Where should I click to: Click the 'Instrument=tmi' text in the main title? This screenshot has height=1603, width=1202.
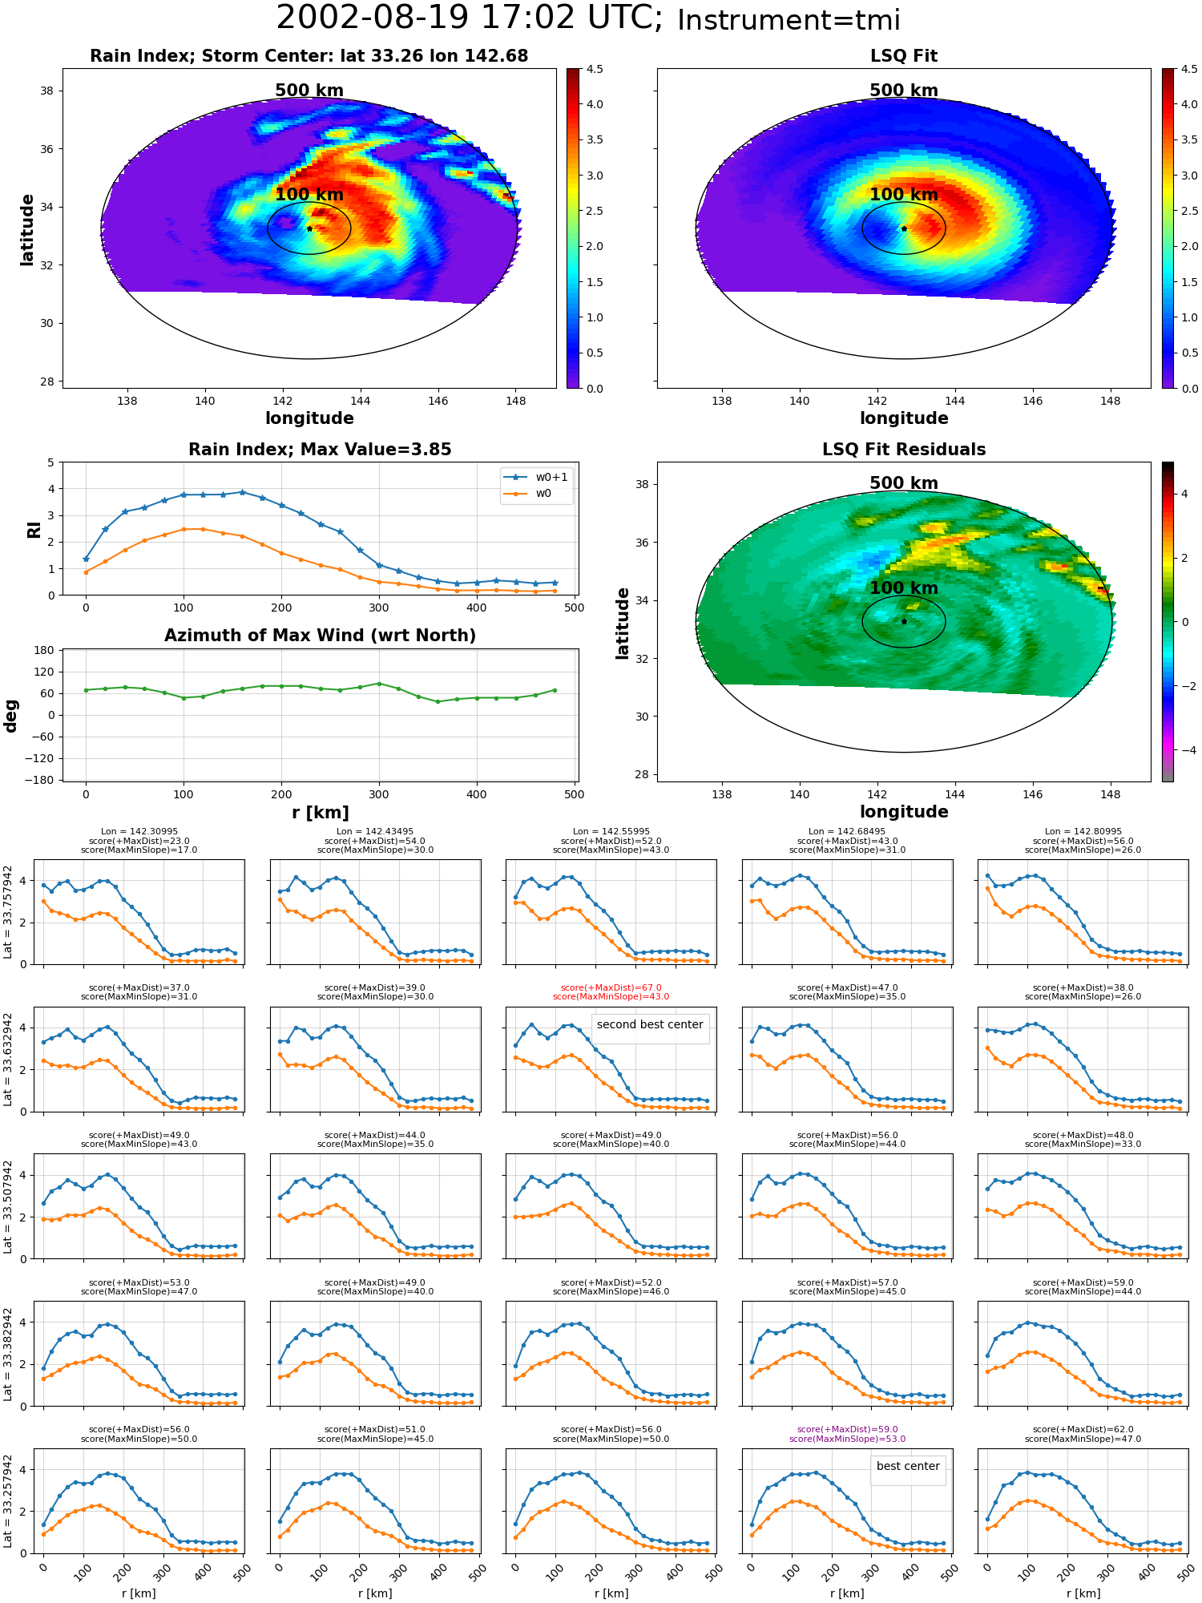coord(789,20)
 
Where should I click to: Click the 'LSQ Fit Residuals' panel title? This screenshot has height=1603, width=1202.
coord(904,450)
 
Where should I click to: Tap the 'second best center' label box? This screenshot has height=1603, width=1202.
coord(650,1025)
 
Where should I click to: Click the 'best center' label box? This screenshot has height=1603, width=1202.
coord(908,1466)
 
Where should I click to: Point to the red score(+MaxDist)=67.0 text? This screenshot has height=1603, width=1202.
coord(611,988)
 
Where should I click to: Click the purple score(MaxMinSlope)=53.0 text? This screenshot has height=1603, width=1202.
coord(847,1439)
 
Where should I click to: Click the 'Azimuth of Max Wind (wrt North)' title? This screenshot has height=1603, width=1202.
coord(320,636)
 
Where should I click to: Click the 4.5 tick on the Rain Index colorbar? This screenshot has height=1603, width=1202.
coord(595,69)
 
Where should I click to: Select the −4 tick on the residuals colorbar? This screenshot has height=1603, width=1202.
coord(1184,750)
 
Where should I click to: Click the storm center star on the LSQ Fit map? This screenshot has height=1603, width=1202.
coord(904,228)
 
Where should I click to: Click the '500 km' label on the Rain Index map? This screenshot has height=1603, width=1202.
coord(309,91)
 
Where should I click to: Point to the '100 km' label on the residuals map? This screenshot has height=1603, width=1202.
coord(904,588)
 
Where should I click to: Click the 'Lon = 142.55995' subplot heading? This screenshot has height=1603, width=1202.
coord(611,832)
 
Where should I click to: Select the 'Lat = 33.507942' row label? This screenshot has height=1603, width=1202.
coord(8,1206)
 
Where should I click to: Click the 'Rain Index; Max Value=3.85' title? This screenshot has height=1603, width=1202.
coord(320,450)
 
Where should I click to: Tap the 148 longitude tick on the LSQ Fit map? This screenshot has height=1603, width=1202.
coord(1111,401)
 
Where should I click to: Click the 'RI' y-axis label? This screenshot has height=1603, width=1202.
coord(34,530)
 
